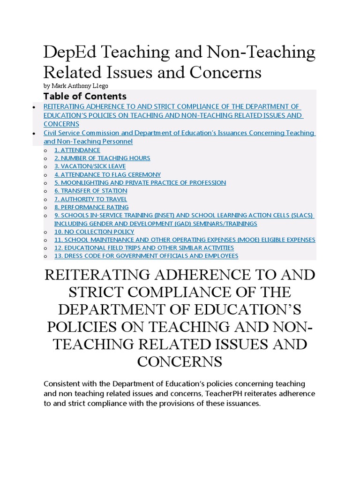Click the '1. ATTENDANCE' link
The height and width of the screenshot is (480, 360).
77,150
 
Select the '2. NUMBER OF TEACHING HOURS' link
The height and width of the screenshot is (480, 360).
102,158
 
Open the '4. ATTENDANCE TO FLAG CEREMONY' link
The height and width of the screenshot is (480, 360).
107,174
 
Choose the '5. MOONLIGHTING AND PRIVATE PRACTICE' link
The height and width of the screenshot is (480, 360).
140,183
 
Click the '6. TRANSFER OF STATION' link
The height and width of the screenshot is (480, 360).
90,191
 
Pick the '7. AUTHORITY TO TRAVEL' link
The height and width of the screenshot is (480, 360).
90,199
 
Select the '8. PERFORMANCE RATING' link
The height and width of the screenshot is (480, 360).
91,207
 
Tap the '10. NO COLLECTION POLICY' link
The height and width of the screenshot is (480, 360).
94,232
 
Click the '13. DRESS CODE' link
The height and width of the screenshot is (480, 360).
146,256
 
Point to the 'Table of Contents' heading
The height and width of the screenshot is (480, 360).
85,96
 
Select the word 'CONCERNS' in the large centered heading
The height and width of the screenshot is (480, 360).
180,361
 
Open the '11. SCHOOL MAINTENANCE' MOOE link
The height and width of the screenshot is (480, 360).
185,240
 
